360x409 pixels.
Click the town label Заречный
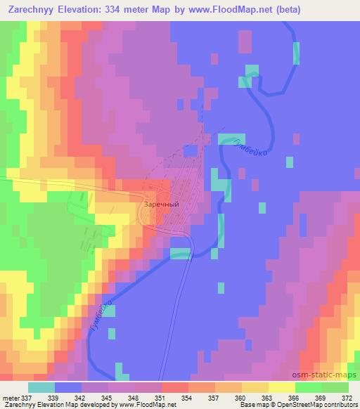pyautogui.click(x=162, y=204)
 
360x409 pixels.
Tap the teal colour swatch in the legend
pyautogui.click(x=41, y=387)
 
